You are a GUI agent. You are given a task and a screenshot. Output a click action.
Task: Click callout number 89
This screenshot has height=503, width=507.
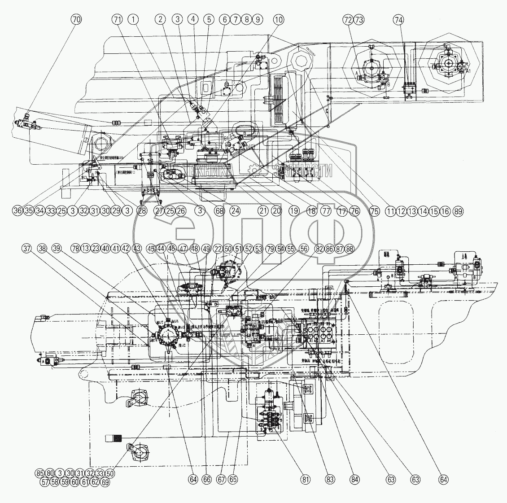pyautogui.click(x=458, y=211)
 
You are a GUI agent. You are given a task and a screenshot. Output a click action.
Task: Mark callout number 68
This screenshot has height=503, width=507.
pyautogui.click(x=219, y=211)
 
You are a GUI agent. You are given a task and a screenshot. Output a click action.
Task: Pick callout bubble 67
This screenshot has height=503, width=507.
pyautogui.click(x=220, y=479)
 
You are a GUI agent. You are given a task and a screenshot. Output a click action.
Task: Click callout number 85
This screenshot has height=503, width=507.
pyautogui.click(x=40, y=473)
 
